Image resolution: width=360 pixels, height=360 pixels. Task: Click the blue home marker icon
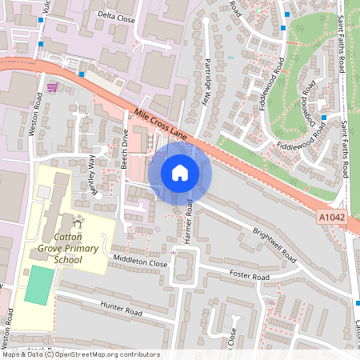coord(180,173)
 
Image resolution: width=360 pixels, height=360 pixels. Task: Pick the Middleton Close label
coord(140,262)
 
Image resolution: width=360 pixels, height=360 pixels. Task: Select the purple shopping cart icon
coord(53,86)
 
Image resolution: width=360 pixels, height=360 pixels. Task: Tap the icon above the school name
coord(78,220)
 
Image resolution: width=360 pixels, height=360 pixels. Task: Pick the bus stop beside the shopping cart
coord(82,74)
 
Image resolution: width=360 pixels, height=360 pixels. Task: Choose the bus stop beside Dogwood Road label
coord(323,118)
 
